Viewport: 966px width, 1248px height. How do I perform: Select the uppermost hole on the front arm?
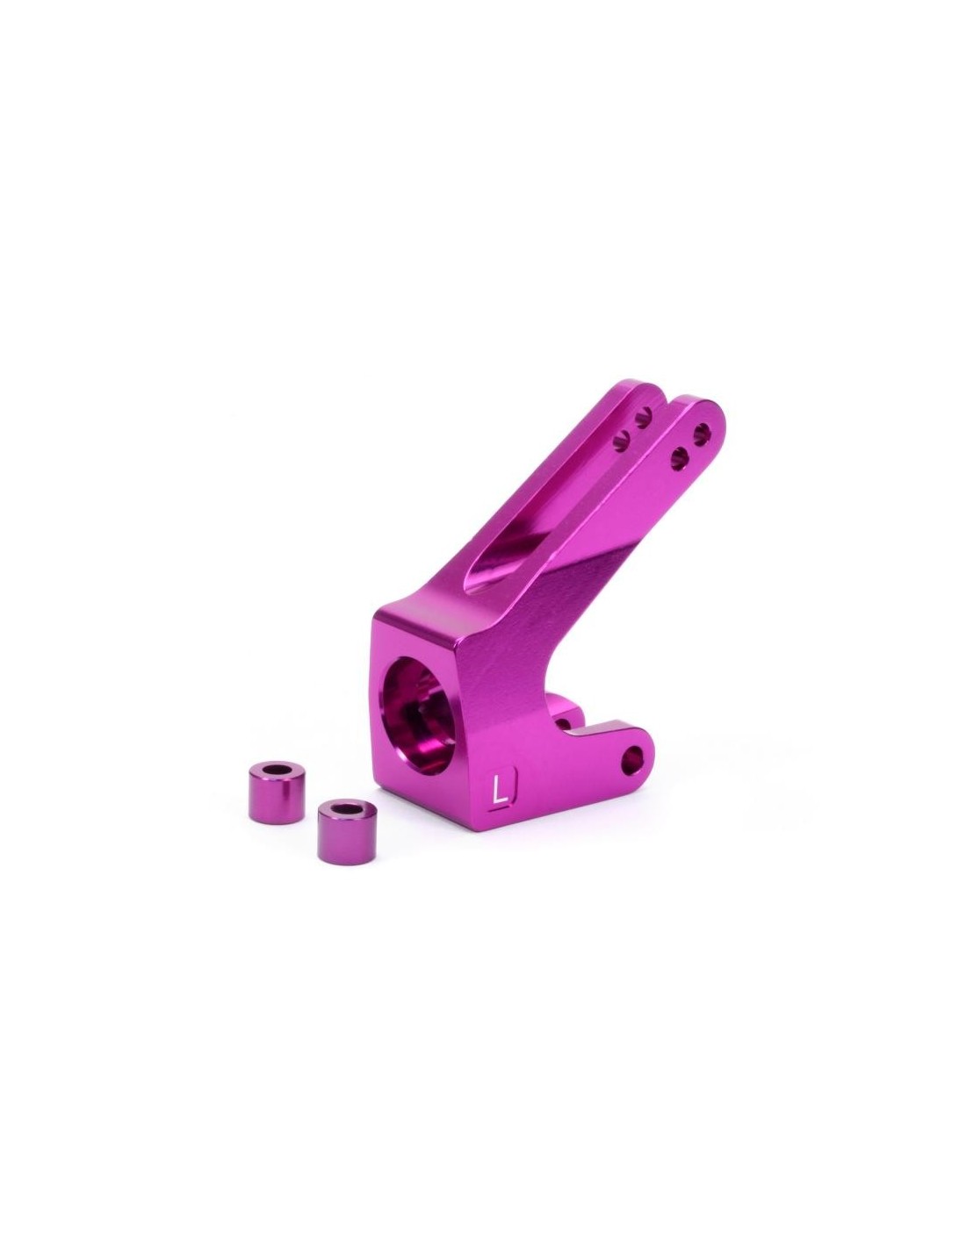[x=701, y=427]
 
